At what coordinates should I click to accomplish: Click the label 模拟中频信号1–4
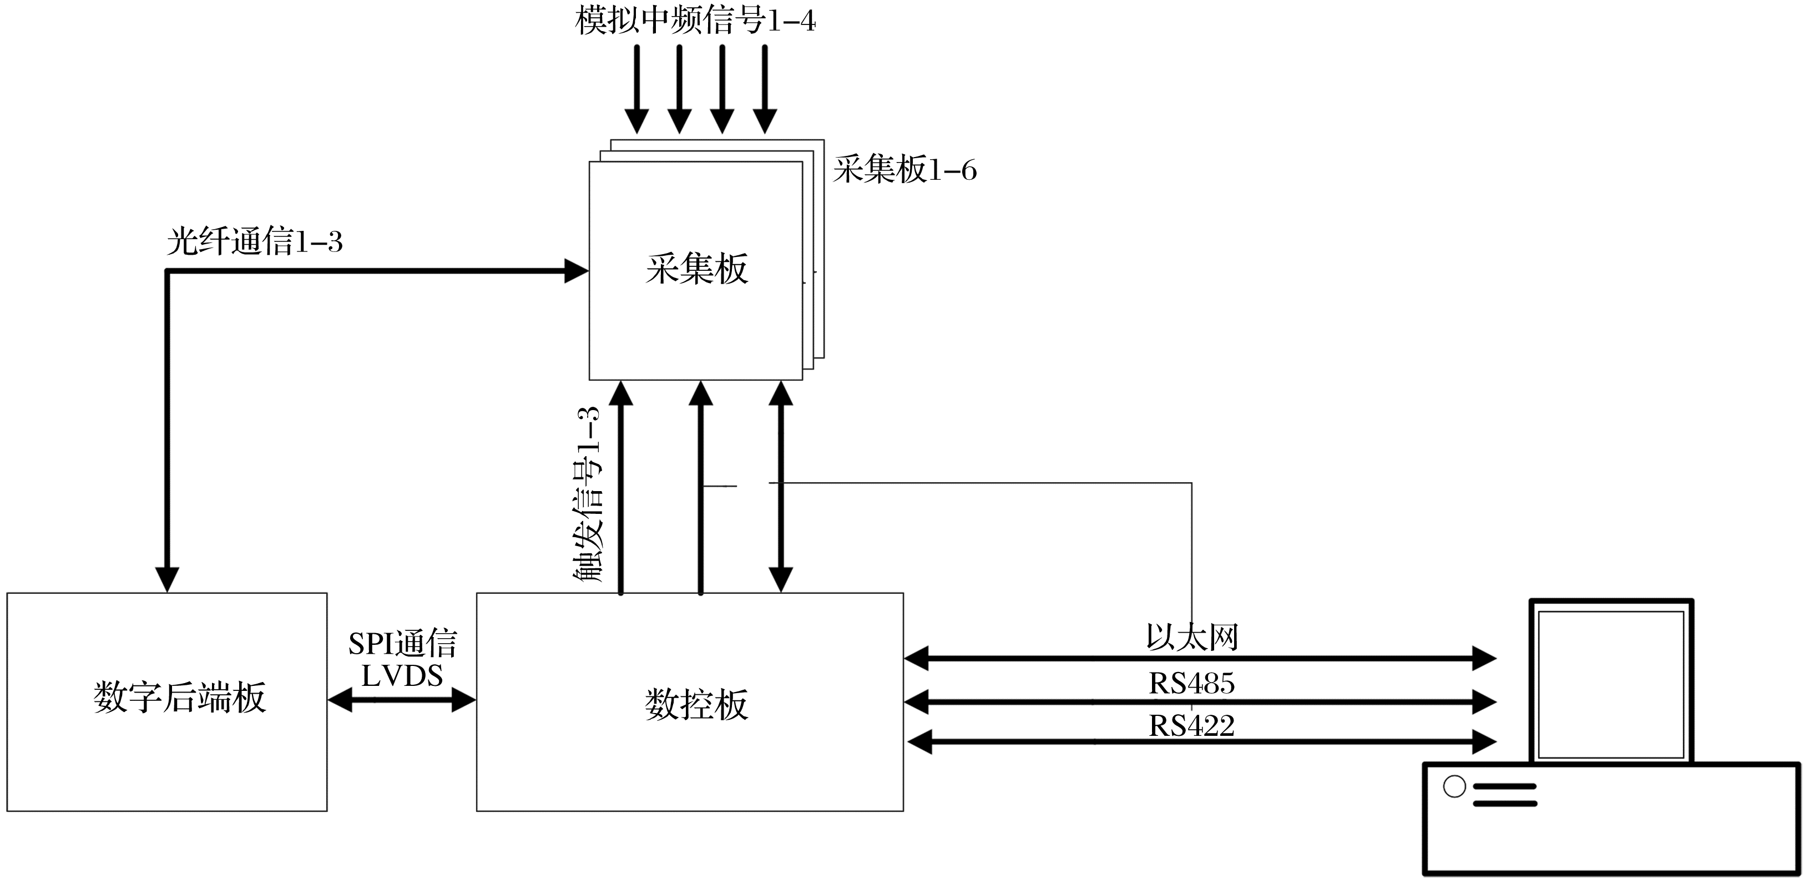pos(695,21)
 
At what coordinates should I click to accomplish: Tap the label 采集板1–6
pos(904,170)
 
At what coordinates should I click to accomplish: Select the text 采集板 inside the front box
pos(696,269)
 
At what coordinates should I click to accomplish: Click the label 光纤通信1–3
pos(254,243)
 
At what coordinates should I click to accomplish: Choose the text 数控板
pos(696,704)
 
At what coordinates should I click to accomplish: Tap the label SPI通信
pos(402,643)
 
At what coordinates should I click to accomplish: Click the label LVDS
pos(402,675)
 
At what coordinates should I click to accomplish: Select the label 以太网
pos(1192,638)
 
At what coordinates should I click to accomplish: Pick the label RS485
pos(1192,683)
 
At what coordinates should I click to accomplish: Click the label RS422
pos(1192,726)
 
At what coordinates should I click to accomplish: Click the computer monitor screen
pos(1611,685)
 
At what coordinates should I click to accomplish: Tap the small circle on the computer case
pos(1454,786)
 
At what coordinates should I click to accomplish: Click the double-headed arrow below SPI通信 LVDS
pos(402,700)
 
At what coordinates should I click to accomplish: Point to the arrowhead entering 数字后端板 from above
pos(167,579)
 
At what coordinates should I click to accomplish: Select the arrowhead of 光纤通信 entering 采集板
pos(576,271)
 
